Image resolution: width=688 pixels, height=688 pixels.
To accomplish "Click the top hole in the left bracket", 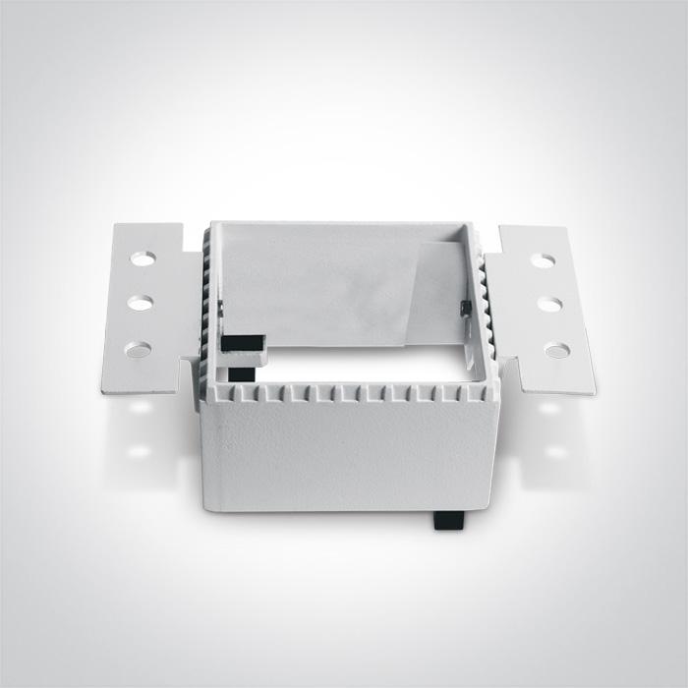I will [143, 258].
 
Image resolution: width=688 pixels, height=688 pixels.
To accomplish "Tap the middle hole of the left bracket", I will [141, 303].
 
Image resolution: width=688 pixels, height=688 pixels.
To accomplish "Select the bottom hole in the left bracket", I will [139, 349].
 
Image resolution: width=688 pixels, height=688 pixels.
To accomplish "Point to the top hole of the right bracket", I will [543, 260].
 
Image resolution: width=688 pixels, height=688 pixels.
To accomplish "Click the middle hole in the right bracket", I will [549, 304].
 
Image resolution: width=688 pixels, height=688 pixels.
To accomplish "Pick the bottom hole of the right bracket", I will [556, 349].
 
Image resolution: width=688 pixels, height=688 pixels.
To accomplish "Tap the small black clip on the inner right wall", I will [465, 308].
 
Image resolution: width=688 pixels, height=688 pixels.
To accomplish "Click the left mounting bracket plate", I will [147, 305].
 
